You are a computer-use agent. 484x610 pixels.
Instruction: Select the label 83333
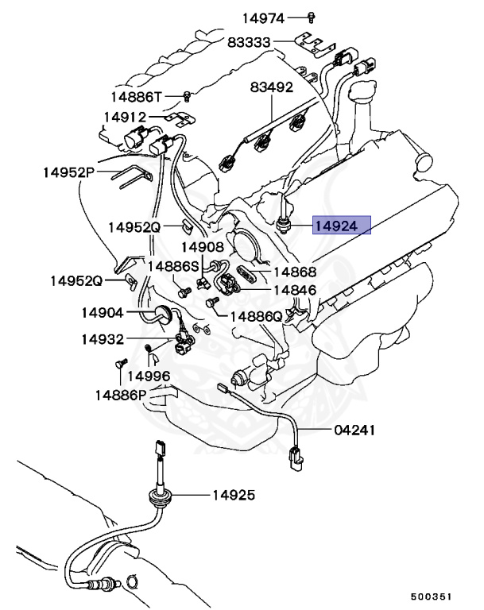click(250, 43)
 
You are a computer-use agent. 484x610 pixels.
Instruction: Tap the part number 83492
click(272, 87)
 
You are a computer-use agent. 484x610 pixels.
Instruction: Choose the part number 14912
click(125, 117)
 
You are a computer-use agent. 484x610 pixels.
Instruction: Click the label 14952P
click(69, 172)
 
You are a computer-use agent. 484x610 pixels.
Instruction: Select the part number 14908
click(203, 247)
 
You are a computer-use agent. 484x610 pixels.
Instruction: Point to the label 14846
click(295, 291)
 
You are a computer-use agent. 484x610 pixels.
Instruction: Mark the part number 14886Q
click(256, 316)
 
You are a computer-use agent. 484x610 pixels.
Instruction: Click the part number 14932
click(102, 340)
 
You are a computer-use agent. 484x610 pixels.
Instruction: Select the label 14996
click(149, 376)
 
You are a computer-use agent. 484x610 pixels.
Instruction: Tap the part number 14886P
click(121, 395)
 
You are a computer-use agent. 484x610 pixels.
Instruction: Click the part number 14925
click(233, 496)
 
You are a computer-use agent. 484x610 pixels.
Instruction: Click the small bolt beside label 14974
click(312, 16)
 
